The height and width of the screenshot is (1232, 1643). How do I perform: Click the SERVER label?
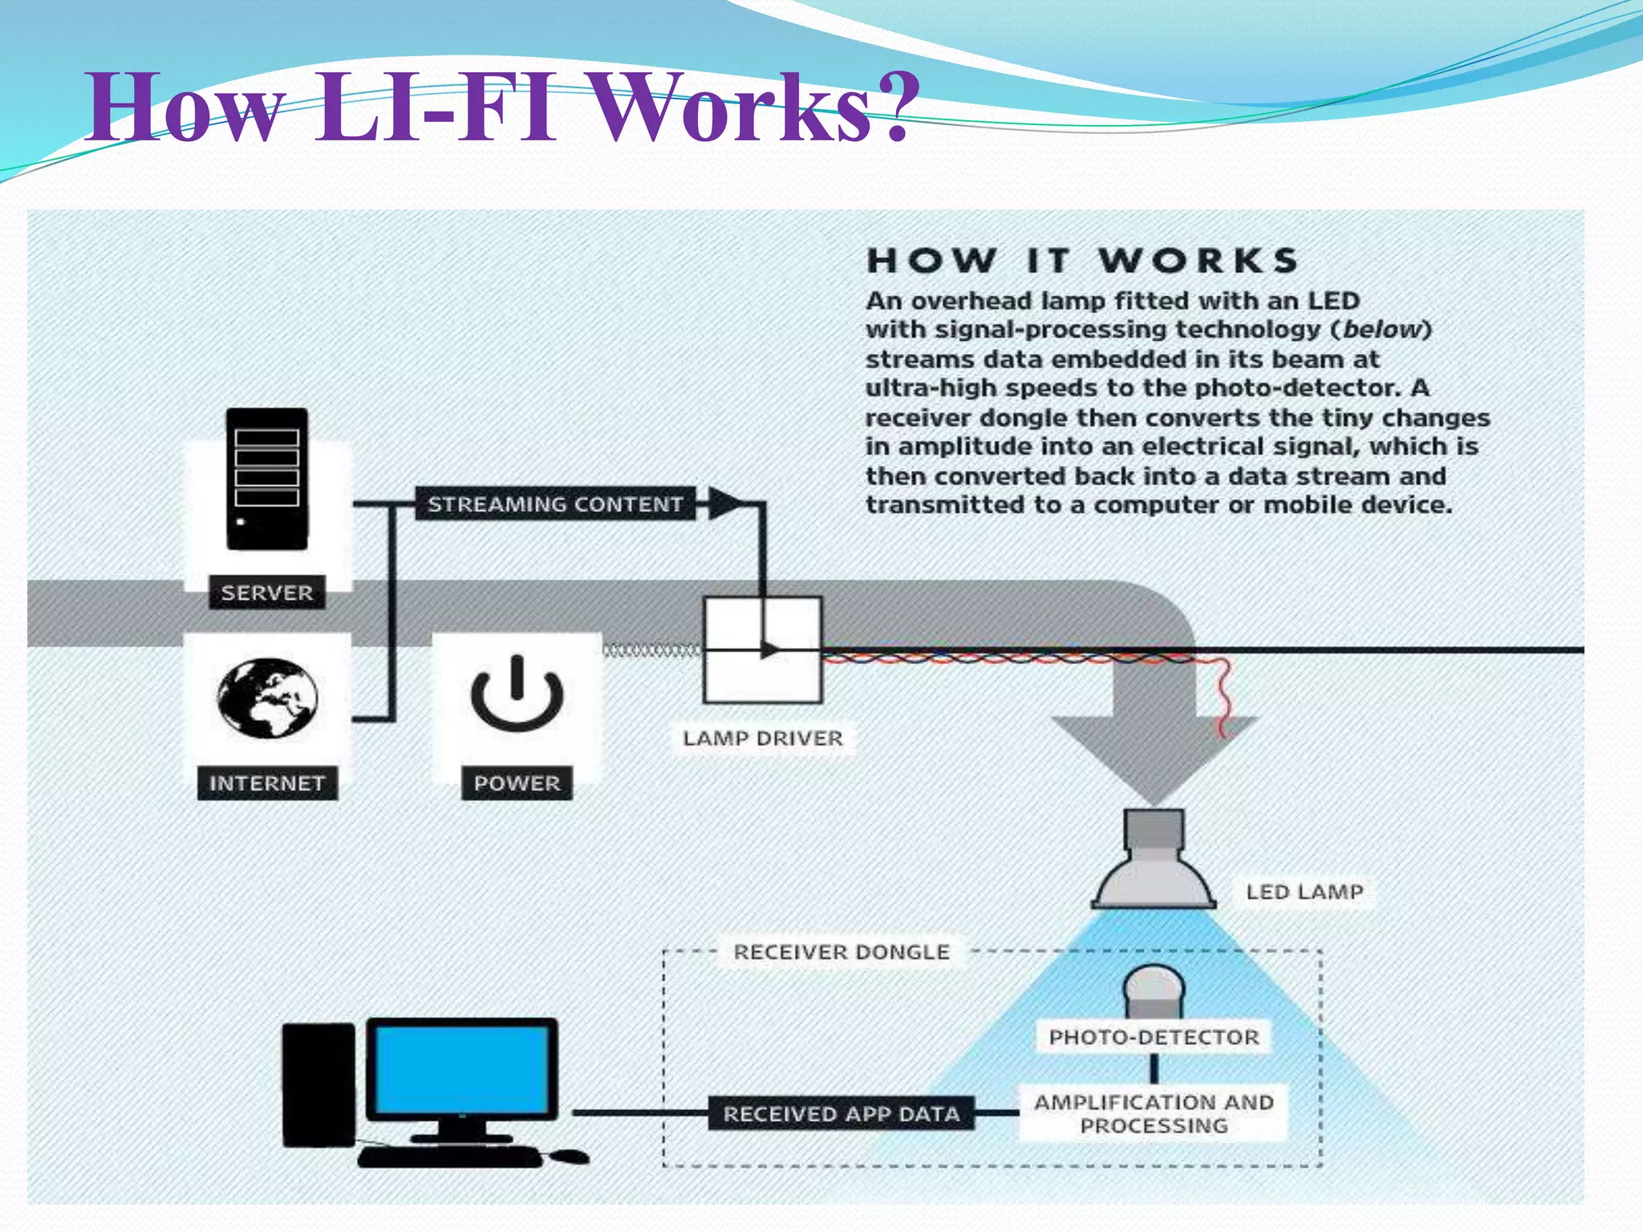(x=266, y=593)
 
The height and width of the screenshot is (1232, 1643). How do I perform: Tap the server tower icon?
(x=266, y=479)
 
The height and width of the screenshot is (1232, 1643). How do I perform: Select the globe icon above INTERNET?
(x=267, y=698)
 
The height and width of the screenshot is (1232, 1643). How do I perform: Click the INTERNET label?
(x=266, y=783)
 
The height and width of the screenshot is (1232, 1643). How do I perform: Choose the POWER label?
(x=517, y=783)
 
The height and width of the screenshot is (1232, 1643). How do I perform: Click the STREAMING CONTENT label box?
(x=554, y=504)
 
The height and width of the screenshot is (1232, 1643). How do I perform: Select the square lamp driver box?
(x=762, y=650)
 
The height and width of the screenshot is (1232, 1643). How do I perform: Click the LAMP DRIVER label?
(x=763, y=738)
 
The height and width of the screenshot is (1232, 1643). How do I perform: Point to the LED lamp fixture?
(x=1154, y=863)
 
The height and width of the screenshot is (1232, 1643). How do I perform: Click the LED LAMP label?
(x=1304, y=892)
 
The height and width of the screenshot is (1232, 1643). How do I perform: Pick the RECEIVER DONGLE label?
(x=841, y=952)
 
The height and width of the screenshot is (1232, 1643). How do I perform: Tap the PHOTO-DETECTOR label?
(x=1154, y=1037)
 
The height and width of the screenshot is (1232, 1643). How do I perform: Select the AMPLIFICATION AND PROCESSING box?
(x=1154, y=1113)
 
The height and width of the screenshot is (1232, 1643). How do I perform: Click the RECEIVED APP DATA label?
(x=841, y=1113)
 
